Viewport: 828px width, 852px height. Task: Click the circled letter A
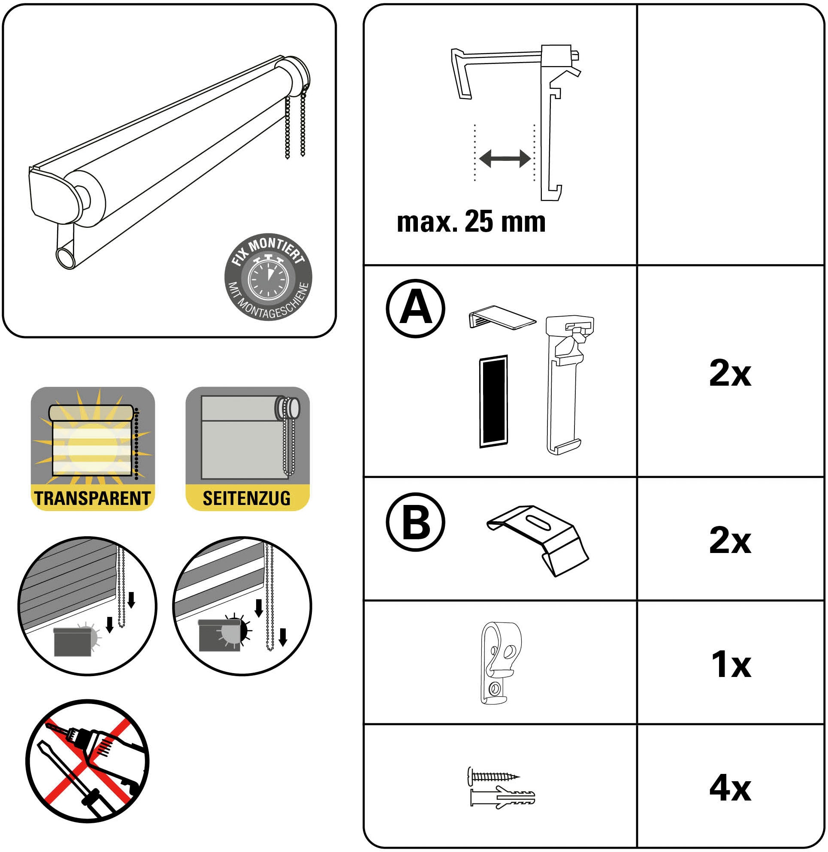point(415,308)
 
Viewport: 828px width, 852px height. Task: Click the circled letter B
point(415,523)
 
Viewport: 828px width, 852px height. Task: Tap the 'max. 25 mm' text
point(471,222)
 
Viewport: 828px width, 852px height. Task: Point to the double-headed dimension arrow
point(505,159)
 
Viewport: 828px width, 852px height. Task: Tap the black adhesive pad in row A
point(493,402)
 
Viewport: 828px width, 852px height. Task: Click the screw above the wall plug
point(493,776)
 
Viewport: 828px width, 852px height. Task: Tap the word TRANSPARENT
point(93,499)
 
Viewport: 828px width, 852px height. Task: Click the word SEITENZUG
point(247,499)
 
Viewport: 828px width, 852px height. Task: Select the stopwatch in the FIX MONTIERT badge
point(268,278)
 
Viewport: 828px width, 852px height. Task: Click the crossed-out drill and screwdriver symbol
point(88,761)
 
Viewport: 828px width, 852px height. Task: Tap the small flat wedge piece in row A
point(502,316)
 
